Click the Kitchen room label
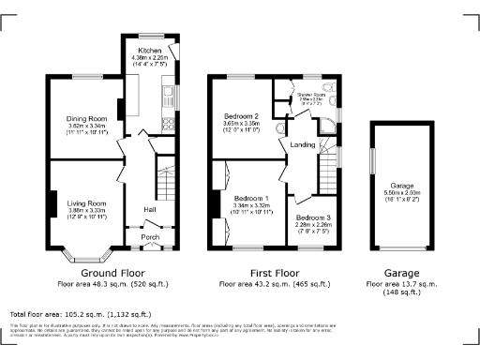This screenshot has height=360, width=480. pos(150,49)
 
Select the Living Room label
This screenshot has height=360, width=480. pos(85,203)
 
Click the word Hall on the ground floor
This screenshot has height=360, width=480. pos(149,208)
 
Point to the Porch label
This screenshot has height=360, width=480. pos(150,237)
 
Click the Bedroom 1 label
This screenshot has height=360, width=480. pos(251,199)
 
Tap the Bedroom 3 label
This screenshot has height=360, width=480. pos(313,217)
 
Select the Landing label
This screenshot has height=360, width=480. pos(303,143)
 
